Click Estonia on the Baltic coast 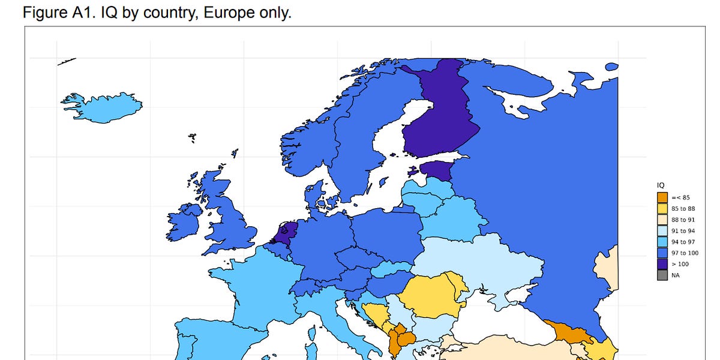(436, 170)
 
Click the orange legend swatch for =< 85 (662, 197)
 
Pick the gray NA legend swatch (662, 275)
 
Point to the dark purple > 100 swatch (662, 264)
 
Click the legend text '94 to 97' (683, 242)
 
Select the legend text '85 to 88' (683, 209)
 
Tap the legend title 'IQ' (660, 185)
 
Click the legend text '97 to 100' (685, 253)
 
